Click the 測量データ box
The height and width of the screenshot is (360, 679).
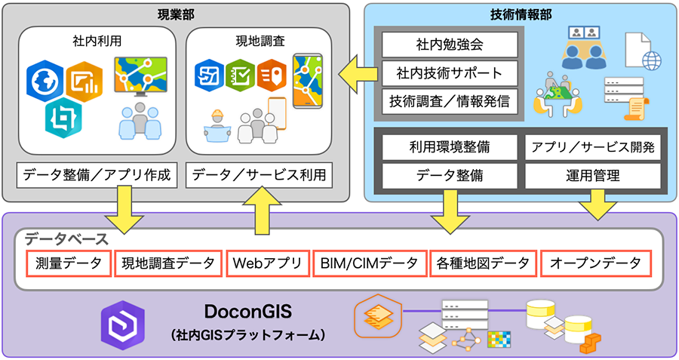(x=69, y=263)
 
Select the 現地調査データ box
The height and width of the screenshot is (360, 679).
(x=168, y=263)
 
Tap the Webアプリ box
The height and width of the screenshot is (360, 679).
(x=267, y=263)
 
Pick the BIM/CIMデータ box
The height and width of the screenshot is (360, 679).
(x=369, y=263)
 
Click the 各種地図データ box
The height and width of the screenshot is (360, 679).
(x=482, y=263)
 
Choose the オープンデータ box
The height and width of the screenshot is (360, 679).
(x=595, y=263)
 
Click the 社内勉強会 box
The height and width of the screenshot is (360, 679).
(x=450, y=45)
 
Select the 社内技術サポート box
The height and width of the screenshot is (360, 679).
(x=450, y=73)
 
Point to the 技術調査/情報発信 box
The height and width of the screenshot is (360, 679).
(x=450, y=100)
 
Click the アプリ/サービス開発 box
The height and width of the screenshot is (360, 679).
(x=592, y=146)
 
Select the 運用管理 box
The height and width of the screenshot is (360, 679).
(x=592, y=176)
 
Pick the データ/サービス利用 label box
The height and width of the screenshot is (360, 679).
(x=259, y=176)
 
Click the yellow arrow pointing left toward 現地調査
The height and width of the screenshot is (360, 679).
(x=354, y=74)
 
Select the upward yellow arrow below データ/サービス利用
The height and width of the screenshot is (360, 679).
(x=259, y=211)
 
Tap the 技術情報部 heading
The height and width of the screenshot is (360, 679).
(x=520, y=13)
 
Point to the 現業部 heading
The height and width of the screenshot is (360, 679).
(x=176, y=13)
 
